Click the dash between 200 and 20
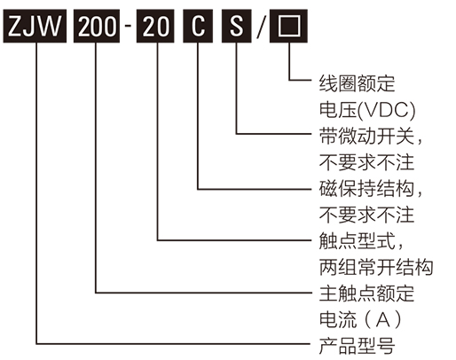point(129,26)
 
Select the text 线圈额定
point(355,84)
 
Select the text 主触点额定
point(365,293)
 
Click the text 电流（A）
point(360,319)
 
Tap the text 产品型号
point(355,345)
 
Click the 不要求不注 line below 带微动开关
point(365,163)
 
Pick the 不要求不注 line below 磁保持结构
point(365,215)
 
